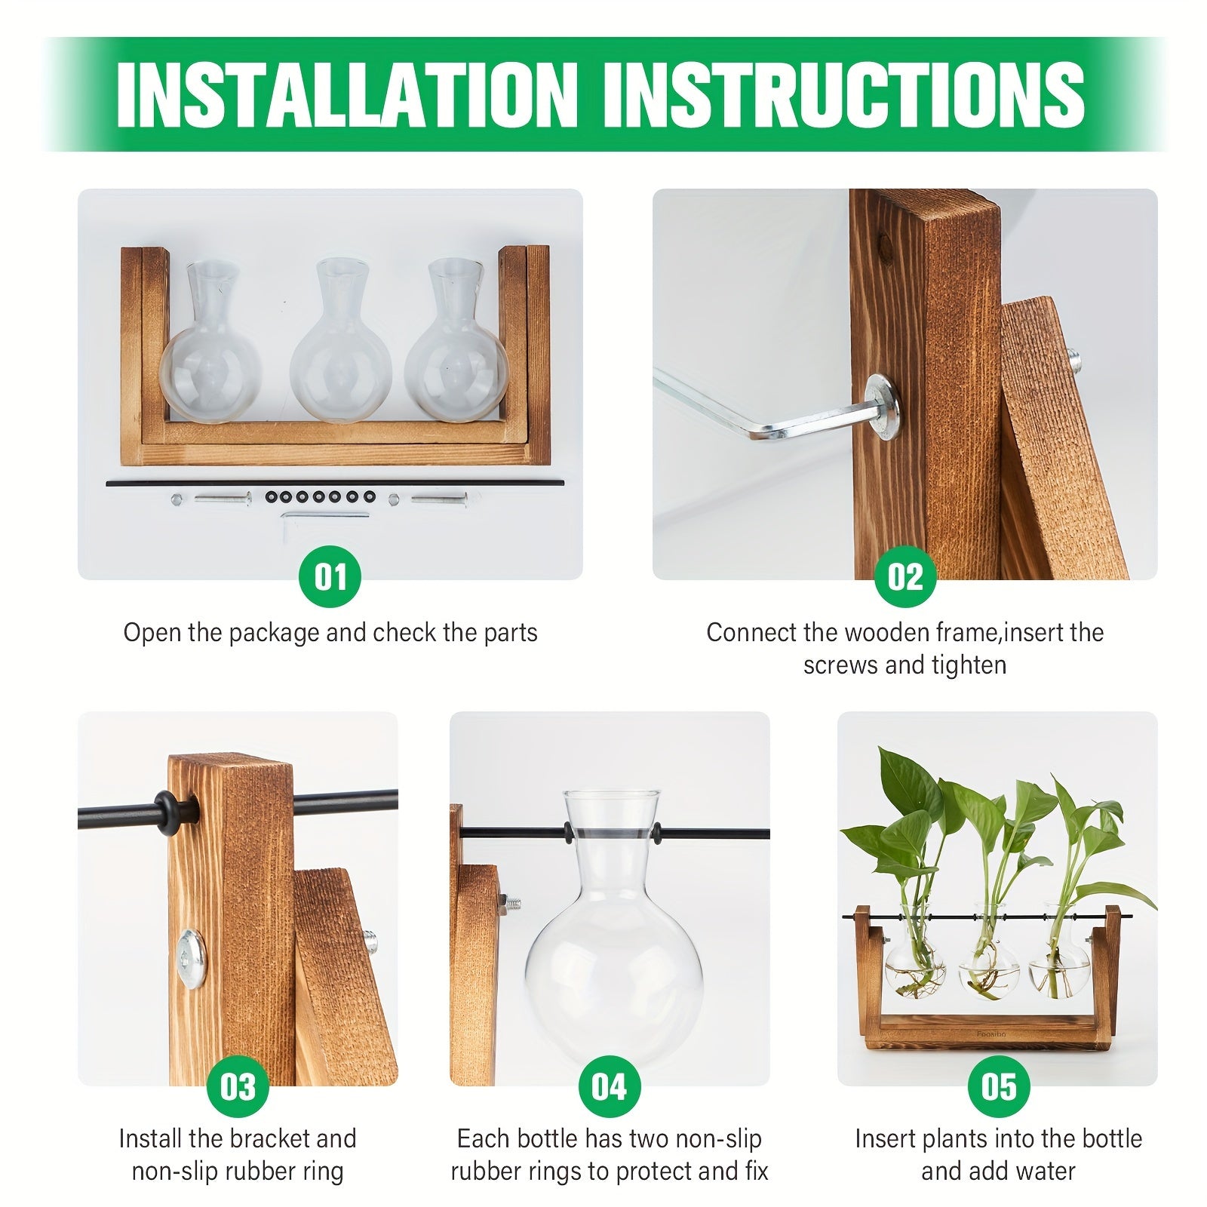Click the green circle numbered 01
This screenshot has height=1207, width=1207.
(330, 577)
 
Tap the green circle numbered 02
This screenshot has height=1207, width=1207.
(904, 577)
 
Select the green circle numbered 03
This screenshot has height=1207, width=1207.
(238, 1086)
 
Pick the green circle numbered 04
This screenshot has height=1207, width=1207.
(609, 1086)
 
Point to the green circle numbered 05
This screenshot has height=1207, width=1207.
(998, 1086)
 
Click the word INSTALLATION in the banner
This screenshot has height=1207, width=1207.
(347, 94)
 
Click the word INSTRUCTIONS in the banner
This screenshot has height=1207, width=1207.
(843, 94)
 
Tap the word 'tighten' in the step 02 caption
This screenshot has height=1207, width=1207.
(969, 665)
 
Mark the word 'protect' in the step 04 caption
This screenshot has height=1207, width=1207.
(653, 1172)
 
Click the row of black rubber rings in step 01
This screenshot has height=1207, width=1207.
(315, 497)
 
